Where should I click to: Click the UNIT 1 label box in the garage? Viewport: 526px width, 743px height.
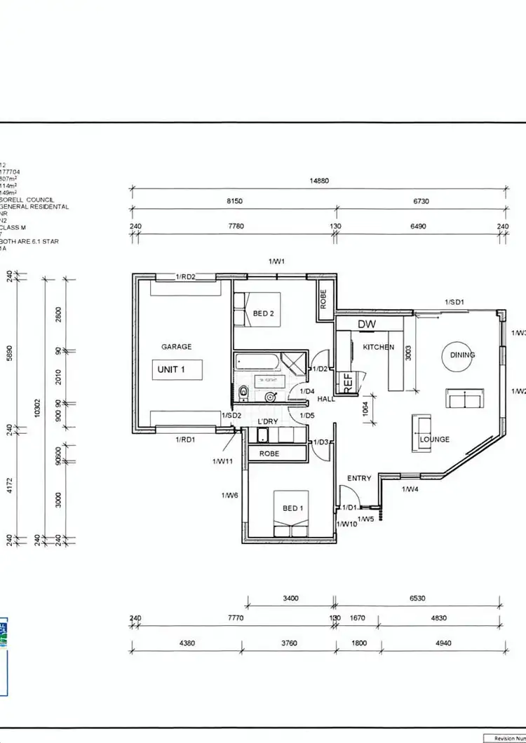pyautogui.click(x=178, y=369)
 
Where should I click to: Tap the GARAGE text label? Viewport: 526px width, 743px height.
pyautogui.click(x=176, y=346)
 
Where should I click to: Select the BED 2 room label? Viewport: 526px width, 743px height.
pyautogui.click(x=263, y=313)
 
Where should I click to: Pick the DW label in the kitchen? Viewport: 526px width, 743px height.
pyautogui.click(x=367, y=325)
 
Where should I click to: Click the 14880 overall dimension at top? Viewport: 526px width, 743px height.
pyautogui.click(x=319, y=180)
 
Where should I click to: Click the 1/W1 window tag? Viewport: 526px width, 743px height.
pyautogui.click(x=277, y=261)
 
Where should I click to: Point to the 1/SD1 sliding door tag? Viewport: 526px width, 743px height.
pyautogui.click(x=455, y=302)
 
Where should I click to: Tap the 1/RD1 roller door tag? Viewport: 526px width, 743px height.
pyautogui.click(x=185, y=439)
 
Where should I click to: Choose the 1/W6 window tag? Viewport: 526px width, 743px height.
pyautogui.click(x=231, y=495)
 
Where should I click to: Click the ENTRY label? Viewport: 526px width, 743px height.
pyautogui.click(x=359, y=478)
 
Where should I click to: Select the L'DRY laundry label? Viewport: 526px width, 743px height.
pyautogui.click(x=269, y=421)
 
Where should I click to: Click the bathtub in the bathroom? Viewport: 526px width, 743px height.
pyautogui.click(x=257, y=363)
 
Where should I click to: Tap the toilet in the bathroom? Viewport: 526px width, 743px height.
pyautogui.click(x=243, y=391)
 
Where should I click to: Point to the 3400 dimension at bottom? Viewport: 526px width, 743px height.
pyautogui.click(x=290, y=599)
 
